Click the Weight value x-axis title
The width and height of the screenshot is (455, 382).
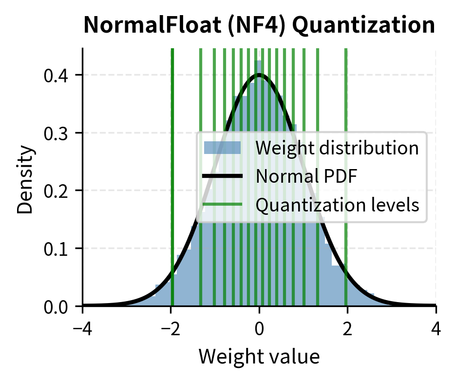click(259, 357)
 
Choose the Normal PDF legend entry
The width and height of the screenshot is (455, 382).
click(306, 176)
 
